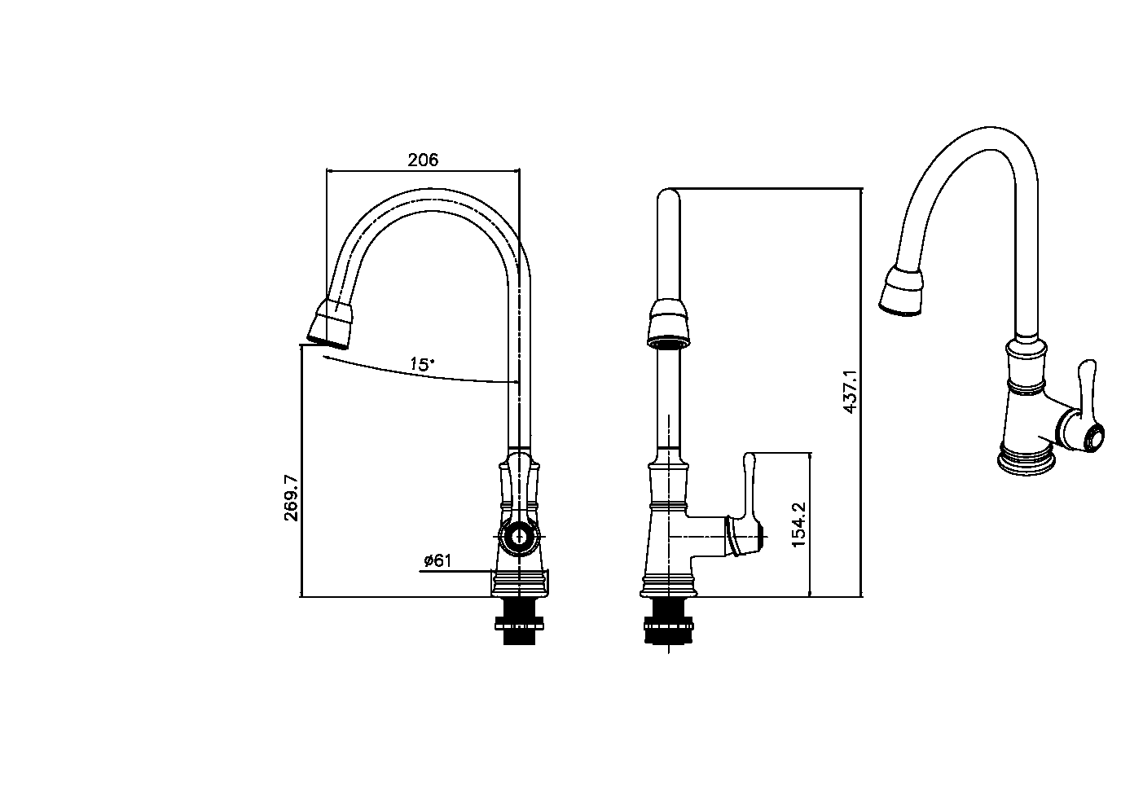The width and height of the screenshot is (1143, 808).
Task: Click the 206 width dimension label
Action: click(423, 160)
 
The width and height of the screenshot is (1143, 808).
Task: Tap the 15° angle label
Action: click(422, 364)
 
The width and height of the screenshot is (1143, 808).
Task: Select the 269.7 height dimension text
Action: click(292, 498)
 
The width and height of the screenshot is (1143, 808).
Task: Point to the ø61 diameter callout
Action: click(437, 560)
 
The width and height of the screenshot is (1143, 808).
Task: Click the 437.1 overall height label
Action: click(851, 392)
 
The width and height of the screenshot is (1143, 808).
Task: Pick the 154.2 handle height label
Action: click(798, 525)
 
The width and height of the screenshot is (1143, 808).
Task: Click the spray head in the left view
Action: click(330, 324)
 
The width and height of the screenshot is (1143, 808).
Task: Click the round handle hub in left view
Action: click(519, 537)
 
